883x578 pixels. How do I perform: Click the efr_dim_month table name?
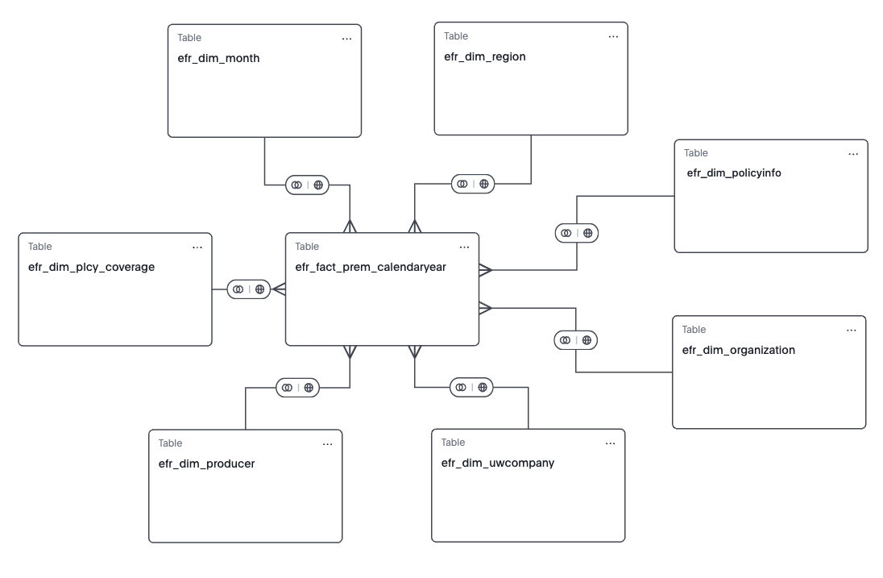tap(218, 58)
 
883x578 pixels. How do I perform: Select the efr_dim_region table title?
tap(484, 56)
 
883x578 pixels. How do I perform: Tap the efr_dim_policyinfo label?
tap(733, 173)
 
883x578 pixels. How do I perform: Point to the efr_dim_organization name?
tap(738, 350)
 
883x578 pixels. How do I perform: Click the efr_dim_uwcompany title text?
tap(497, 463)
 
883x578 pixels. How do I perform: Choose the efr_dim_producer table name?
tap(206, 464)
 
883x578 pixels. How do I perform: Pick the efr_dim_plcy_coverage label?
tap(91, 267)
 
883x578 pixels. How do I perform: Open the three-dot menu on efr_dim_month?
tap(346, 39)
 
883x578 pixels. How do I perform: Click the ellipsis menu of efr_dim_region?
tap(613, 36)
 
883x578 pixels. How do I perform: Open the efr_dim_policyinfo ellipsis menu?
tap(853, 153)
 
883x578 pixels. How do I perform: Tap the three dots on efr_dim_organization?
tap(852, 330)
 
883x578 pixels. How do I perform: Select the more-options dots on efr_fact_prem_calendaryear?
tap(464, 247)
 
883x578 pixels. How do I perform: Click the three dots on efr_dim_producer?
tap(327, 444)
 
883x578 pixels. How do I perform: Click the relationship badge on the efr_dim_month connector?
tap(307, 185)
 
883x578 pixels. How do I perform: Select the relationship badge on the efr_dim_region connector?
tap(472, 184)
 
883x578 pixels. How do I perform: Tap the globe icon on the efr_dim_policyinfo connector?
tap(587, 233)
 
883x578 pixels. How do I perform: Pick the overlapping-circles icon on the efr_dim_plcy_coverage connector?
tap(238, 289)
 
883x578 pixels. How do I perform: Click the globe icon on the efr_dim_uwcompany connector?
tap(482, 387)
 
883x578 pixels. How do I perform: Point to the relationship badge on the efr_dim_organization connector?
tap(575, 340)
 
